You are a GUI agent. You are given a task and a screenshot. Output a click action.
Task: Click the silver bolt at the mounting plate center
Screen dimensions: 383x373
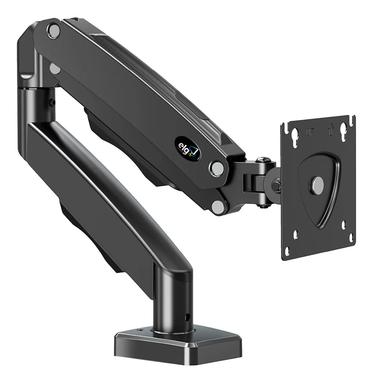[x=317, y=184]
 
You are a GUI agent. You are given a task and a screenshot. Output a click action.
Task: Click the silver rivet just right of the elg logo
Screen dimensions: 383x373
[x=217, y=166]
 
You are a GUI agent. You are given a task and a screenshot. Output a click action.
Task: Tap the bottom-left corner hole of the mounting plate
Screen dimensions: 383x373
[x=296, y=234]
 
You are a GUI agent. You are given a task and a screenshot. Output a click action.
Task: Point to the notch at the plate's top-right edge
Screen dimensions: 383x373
[x=353, y=121]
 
